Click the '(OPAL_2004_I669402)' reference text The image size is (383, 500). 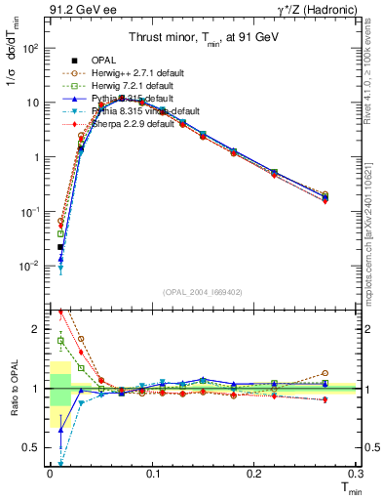click(x=202, y=292)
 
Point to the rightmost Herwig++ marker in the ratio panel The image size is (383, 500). click(x=325, y=373)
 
